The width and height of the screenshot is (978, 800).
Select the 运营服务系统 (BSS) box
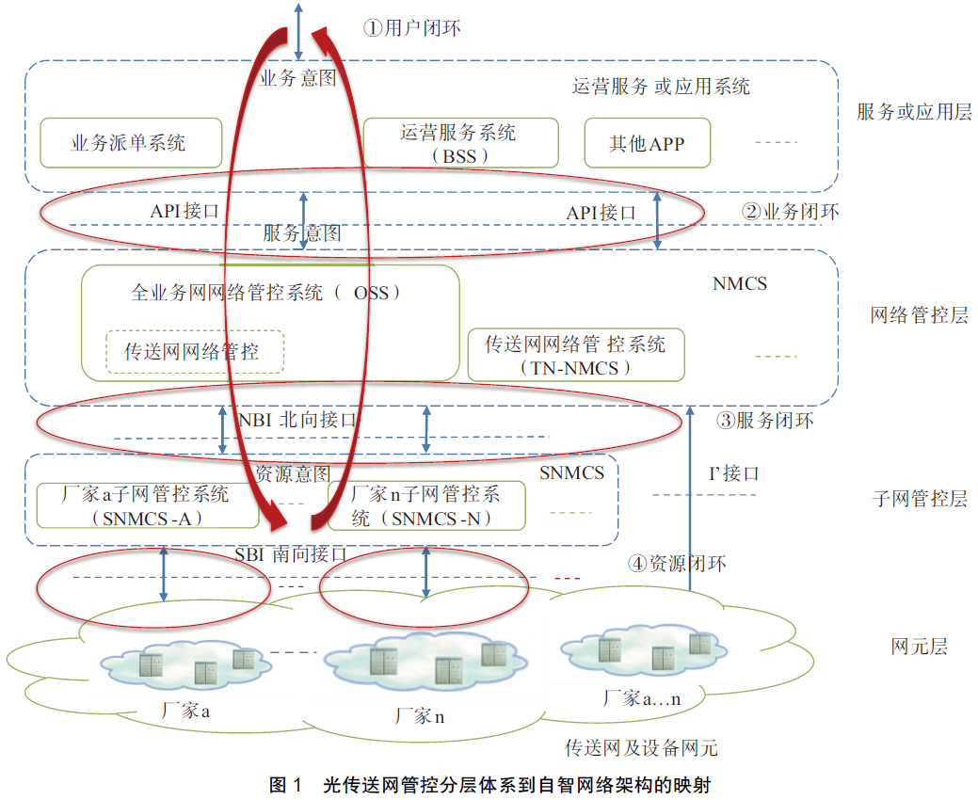[459, 143]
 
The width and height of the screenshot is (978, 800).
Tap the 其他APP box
[647, 143]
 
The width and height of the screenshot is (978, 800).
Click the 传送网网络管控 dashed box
[194, 352]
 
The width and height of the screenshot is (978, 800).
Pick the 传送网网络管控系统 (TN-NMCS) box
[575, 355]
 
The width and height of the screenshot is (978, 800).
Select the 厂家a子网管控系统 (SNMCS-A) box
[147, 505]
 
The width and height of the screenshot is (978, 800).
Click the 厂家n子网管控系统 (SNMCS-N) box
[425, 505]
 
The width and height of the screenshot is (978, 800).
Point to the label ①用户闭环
[411, 28]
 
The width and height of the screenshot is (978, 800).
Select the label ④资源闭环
[678, 564]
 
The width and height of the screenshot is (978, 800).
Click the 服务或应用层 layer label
[914, 111]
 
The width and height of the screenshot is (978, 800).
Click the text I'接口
[733, 473]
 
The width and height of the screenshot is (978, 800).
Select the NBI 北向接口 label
[297, 420]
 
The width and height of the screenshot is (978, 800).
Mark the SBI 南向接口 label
[292, 555]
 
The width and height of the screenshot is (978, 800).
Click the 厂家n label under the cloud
[420, 716]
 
